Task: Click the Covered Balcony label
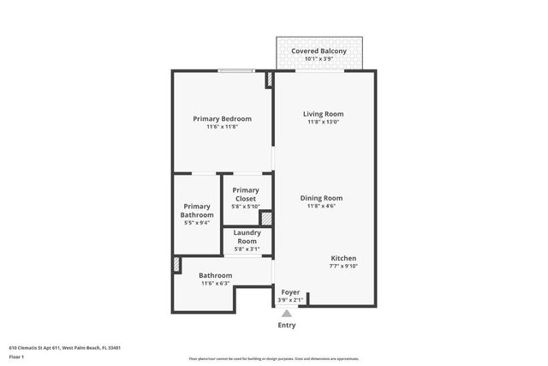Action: point(319,51)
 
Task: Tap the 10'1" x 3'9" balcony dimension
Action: point(319,60)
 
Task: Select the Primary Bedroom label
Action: point(222,118)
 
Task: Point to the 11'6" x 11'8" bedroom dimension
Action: point(222,127)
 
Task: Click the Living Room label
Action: point(323,113)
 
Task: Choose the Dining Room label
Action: point(321,198)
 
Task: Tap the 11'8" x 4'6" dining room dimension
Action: point(321,207)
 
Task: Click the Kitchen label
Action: point(343,258)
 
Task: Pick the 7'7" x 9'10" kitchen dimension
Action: point(343,267)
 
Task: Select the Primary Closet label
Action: point(245,195)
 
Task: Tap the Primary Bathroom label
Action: point(197,211)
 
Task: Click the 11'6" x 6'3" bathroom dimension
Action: point(216,284)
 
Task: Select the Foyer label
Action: point(290,291)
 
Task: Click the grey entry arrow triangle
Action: point(287,314)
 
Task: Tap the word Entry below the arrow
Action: point(287,326)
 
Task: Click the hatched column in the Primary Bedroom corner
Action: point(269,80)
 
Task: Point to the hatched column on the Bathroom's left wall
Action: point(176,265)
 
